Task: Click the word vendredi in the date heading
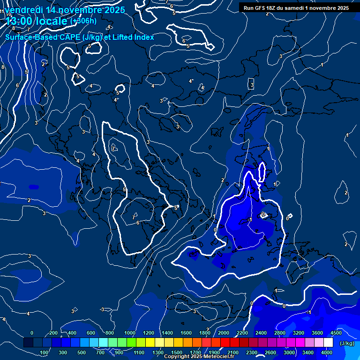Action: [24, 10]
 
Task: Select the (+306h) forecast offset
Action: [83, 21]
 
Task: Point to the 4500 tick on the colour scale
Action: [336, 333]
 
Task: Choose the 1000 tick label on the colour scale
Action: [130, 333]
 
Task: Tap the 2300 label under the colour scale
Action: [252, 352]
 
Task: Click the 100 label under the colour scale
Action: [44, 352]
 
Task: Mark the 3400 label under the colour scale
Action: [308, 352]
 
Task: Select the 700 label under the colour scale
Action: [101, 352]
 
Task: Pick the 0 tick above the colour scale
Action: [32, 333]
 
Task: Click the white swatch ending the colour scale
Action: [328, 343]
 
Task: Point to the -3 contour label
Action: [102, 309]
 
